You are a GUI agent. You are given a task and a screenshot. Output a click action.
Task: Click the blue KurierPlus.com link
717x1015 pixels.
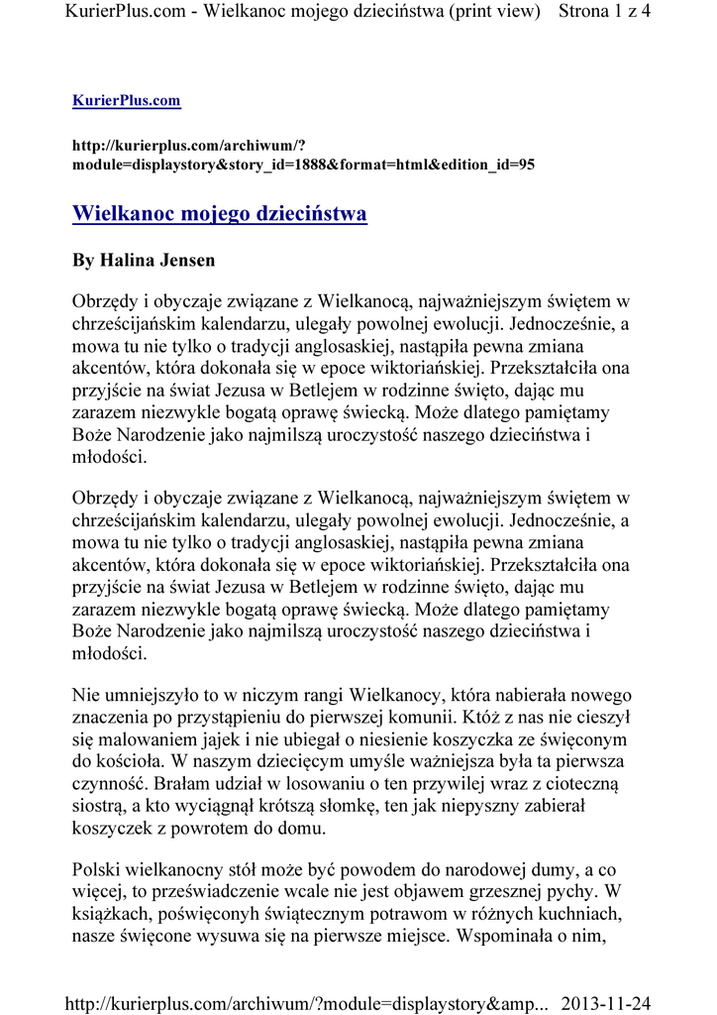point(127,101)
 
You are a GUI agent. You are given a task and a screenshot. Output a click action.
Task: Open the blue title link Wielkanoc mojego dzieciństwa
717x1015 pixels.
point(220,214)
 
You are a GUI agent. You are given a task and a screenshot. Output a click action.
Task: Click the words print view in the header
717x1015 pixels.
point(493,12)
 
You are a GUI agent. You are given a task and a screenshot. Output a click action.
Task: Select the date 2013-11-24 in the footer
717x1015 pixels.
point(606,1003)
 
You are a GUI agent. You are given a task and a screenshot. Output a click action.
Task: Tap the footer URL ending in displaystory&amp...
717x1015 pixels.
point(306,1003)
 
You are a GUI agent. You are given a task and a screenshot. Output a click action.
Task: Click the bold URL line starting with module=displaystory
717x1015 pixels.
point(304,165)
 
